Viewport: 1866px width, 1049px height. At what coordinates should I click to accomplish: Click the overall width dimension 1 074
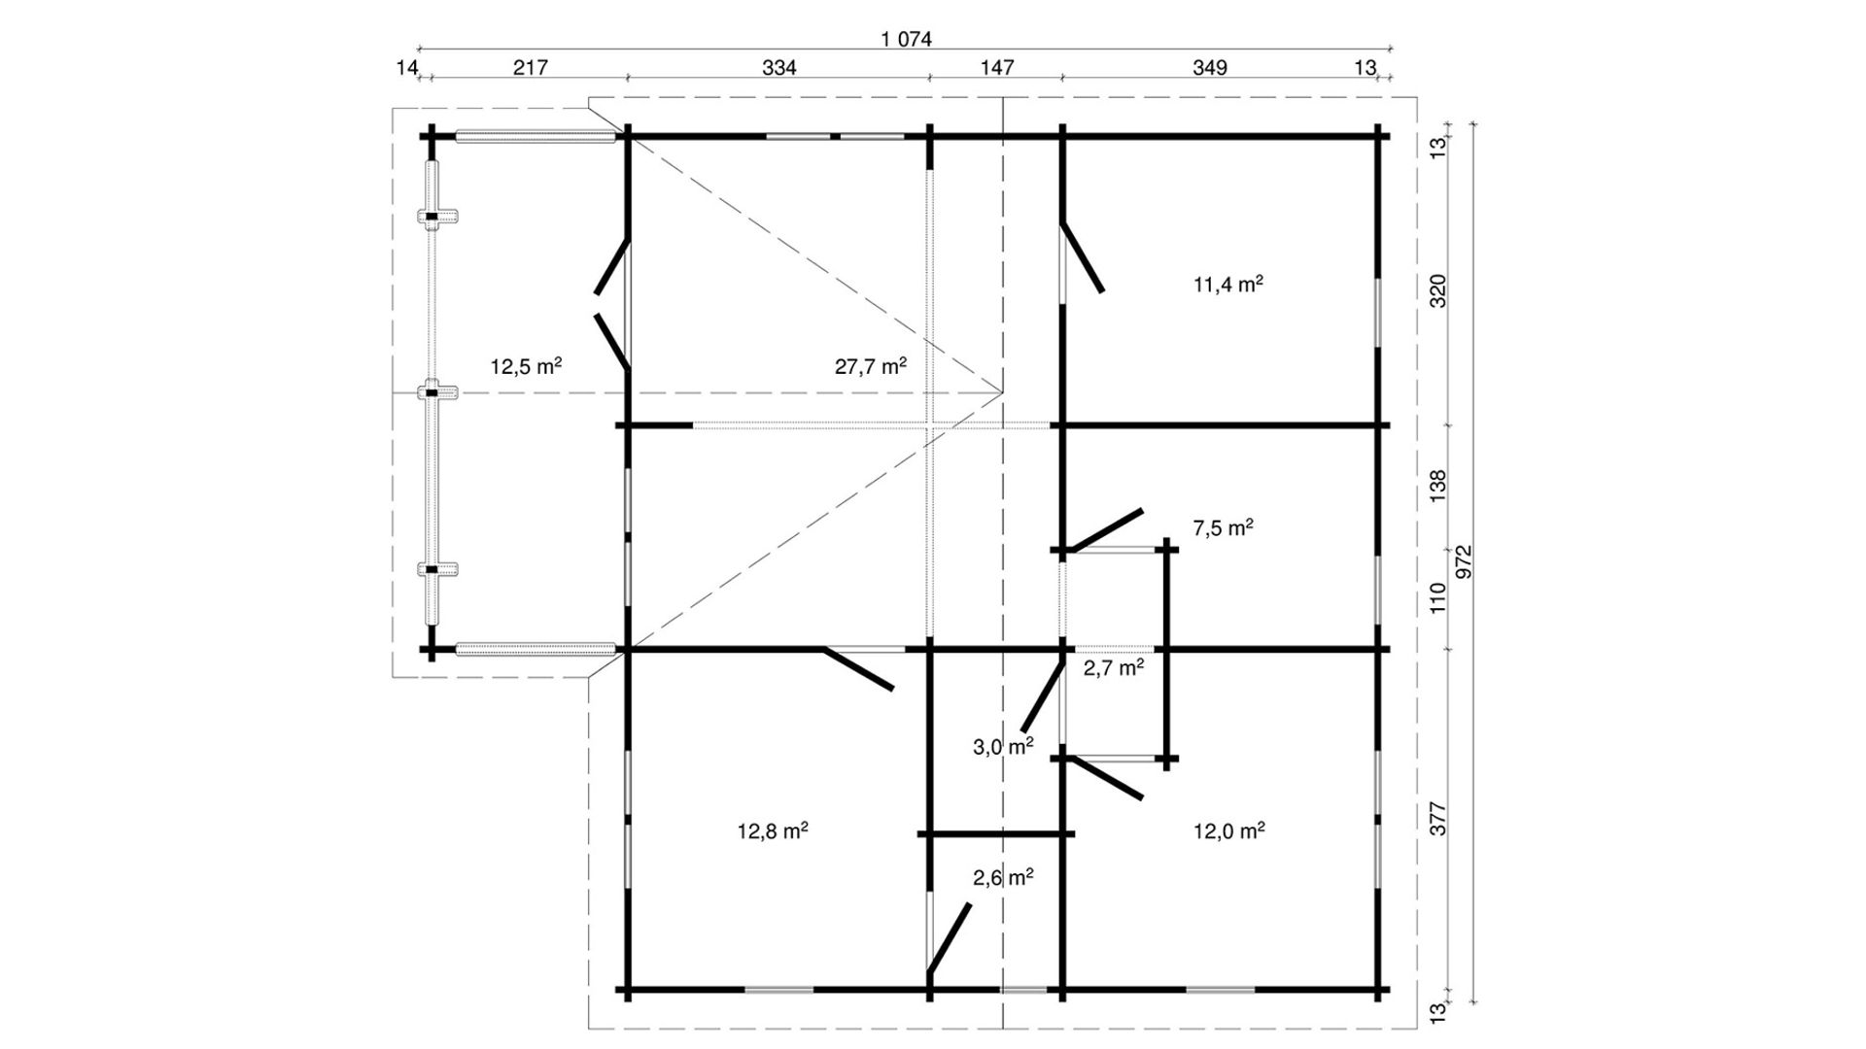(x=906, y=39)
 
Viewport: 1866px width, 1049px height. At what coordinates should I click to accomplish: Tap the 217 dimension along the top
(x=531, y=67)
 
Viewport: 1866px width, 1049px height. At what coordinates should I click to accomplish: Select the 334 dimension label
(x=779, y=67)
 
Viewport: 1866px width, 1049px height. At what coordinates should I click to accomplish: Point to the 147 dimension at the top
(x=997, y=67)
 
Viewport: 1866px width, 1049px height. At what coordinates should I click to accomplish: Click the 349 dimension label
(x=1209, y=67)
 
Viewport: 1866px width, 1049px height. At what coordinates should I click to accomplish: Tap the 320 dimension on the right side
(x=1439, y=290)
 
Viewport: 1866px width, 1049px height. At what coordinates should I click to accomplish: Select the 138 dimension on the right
(x=1439, y=487)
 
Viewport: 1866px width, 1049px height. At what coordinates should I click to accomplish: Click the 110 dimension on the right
(x=1439, y=597)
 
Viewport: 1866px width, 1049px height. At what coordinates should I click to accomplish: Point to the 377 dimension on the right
(x=1439, y=818)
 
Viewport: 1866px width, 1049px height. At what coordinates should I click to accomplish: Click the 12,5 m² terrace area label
(x=526, y=366)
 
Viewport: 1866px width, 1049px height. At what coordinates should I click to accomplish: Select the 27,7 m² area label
(x=871, y=366)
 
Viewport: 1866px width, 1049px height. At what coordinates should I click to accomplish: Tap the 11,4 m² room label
(x=1228, y=284)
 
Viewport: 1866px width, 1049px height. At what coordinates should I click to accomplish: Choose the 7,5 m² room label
(x=1223, y=527)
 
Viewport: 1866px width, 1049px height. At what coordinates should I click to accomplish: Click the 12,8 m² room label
(x=774, y=831)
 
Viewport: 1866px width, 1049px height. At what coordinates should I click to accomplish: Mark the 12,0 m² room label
(x=1228, y=830)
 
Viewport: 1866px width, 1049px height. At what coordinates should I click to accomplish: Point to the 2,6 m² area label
(x=1003, y=877)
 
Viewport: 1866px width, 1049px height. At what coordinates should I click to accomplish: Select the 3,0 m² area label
(x=1003, y=746)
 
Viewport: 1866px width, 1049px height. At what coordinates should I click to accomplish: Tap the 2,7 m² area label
(x=1114, y=667)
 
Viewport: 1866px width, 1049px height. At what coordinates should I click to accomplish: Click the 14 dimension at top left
(x=407, y=67)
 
